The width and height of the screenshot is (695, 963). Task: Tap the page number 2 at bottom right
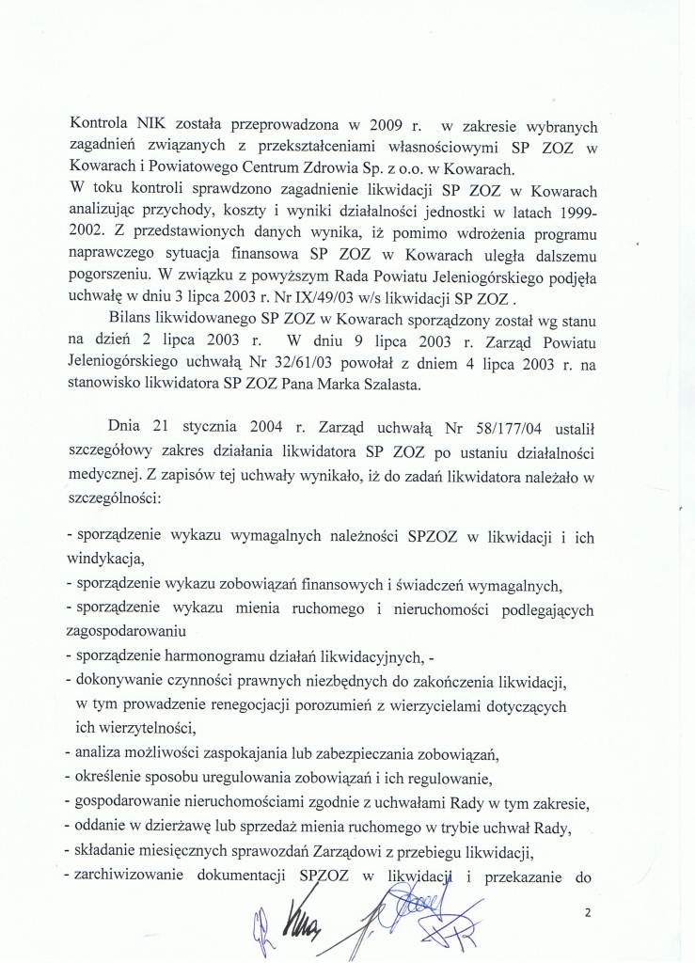point(589,912)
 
